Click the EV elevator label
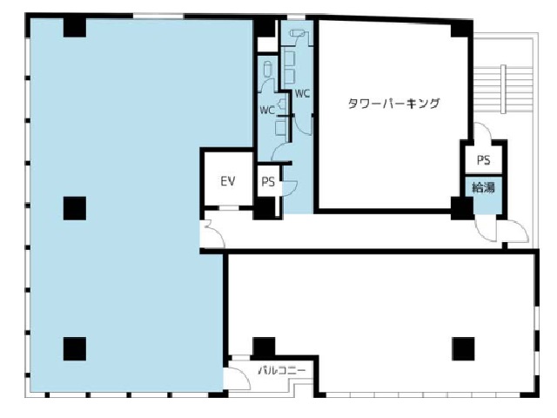228,181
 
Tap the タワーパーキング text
393,104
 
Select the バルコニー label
282,371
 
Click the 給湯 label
483,187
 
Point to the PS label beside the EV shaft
268,182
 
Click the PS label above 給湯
484,160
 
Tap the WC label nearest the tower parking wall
302,93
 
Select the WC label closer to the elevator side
267,111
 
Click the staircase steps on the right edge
503,89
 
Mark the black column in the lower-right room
463,348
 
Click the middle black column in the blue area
75,208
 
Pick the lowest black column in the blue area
75,348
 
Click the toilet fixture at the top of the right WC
298,33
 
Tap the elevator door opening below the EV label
229,208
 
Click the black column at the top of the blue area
75,27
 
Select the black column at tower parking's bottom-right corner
462,208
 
